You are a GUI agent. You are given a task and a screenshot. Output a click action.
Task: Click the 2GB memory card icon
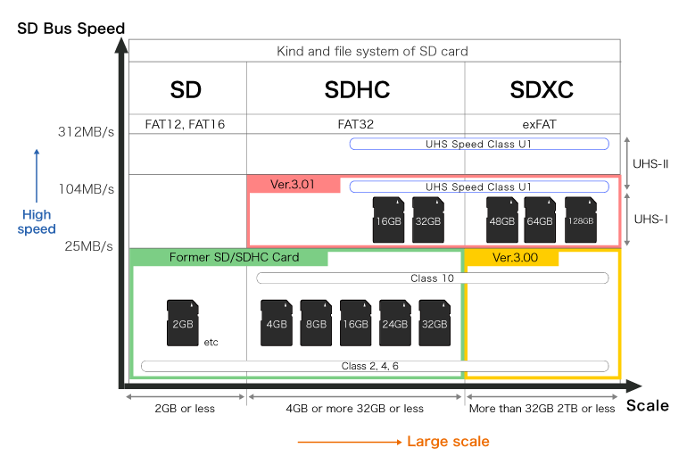183,323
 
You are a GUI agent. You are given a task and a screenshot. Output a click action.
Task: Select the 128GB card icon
581,220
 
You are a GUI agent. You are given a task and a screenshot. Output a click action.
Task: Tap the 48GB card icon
502,220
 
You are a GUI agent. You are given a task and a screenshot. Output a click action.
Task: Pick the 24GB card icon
394,323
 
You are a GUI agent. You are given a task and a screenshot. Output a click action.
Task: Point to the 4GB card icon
277,323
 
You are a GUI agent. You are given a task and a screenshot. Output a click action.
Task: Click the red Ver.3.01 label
294,184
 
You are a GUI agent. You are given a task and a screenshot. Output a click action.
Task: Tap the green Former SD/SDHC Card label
230,257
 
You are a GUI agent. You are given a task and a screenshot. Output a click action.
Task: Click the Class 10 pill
433,278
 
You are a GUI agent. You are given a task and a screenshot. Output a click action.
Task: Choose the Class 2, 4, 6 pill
375,366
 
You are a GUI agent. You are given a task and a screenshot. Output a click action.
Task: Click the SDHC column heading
357,90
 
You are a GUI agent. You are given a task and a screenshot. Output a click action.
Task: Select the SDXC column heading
542,90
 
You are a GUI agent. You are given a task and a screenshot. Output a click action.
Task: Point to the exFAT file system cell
540,124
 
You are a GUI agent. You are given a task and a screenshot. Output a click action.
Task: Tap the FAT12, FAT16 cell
185,124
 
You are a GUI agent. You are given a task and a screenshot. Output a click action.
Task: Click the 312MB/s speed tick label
86,131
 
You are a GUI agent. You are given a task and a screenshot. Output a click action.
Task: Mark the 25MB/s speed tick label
89,246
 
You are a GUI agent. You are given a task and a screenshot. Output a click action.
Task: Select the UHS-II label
650,164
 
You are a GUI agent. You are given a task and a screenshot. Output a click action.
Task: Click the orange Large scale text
448,442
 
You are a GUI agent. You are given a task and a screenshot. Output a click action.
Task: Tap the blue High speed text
37,222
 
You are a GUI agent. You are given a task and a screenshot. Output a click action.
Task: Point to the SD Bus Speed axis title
71,29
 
